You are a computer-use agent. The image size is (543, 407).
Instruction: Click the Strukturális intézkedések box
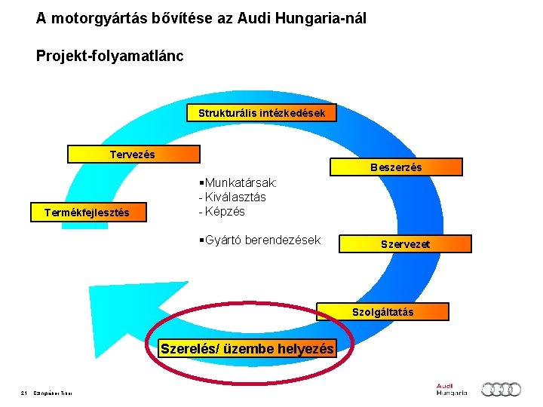(261, 113)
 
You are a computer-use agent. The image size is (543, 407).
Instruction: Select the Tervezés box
(133, 155)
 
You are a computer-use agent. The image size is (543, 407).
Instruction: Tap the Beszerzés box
(395, 167)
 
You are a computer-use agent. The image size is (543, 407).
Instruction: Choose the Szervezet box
(405, 243)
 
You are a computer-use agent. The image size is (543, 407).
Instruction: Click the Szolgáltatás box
(382, 311)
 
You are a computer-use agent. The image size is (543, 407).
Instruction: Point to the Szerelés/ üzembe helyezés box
(247, 349)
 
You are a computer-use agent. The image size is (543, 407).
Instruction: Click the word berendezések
(283, 240)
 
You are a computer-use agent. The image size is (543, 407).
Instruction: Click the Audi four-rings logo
(501, 389)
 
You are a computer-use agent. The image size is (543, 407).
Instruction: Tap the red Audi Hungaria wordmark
(451, 389)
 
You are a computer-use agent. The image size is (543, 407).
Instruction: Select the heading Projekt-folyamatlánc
(109, 56)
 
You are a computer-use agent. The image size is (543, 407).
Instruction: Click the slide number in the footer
(25, 392)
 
